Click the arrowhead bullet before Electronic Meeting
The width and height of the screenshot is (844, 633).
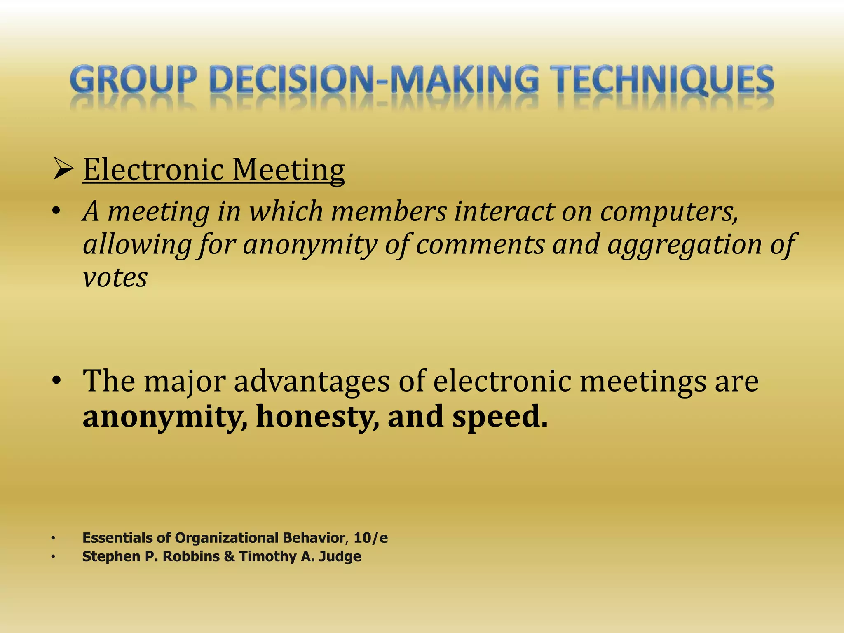63,170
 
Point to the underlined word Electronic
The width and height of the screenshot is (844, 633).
154,170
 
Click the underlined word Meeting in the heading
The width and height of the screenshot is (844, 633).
288,171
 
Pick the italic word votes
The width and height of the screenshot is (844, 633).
115,278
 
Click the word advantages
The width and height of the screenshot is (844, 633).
312,381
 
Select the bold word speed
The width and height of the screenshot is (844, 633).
500,417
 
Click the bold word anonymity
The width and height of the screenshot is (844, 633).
165,417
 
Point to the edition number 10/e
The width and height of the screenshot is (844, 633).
370,538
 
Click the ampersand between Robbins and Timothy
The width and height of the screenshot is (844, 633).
229,557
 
